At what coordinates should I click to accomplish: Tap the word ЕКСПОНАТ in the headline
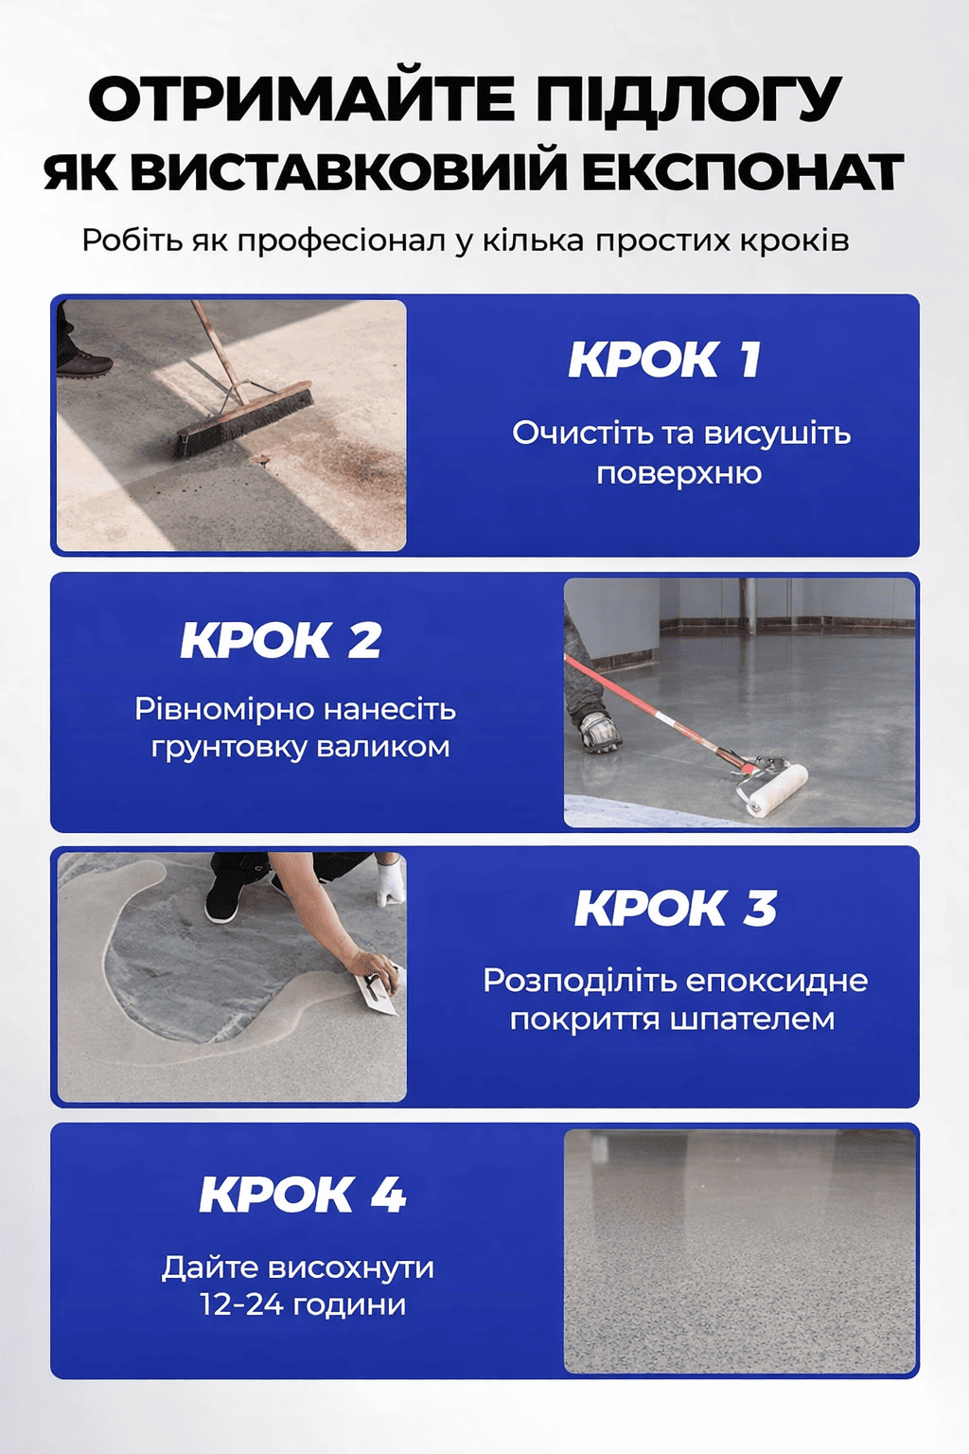pos(732,172)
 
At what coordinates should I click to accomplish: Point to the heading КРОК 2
pos(280,640)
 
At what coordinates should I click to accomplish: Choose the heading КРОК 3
pos(675,908)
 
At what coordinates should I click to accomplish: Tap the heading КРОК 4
pos(303,1195)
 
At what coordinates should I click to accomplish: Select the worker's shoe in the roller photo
pos(598,732)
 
